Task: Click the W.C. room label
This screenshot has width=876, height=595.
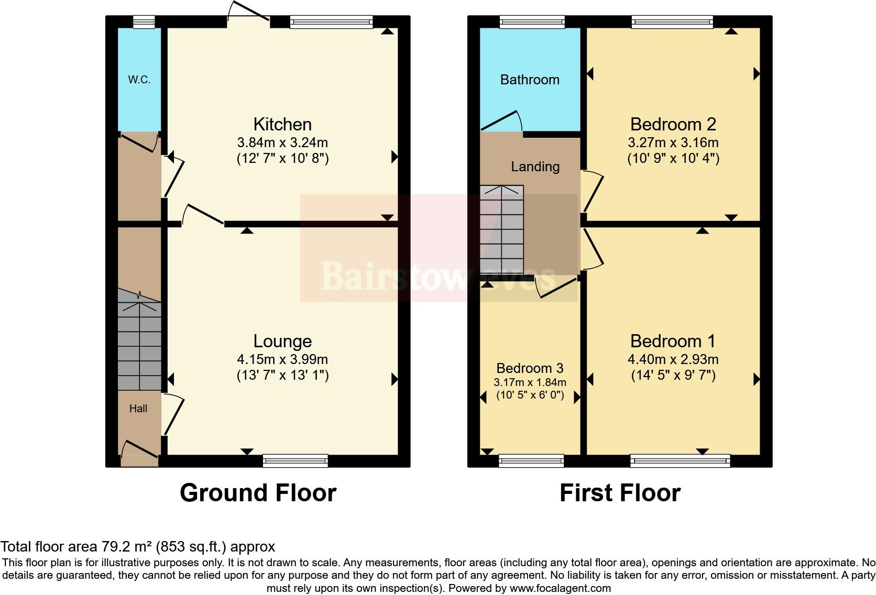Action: pyautogui.click(x=139, y=80)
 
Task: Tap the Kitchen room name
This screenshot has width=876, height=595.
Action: pyautogui.click(x=282, y=124)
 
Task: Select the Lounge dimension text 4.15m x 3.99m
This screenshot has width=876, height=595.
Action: pyautogui.click(x=282, y=359)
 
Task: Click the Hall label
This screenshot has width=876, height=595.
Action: pyautogui.click(x=138, y=409)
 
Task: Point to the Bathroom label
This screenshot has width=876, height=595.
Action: pyautogui.click(x=530, y=80)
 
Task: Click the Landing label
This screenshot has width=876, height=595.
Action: pyautogui.click(x=535, y=167)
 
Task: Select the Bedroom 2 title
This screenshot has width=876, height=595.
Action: pyautogui.click(x=673, y=124)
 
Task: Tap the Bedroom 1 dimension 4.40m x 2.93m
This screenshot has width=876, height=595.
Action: pyautogui.click(x=673, y=359)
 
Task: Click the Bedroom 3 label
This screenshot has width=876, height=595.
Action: pyautogui.click(x=530, y=368)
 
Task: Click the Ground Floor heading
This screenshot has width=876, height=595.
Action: pyautogui.click(x=258, y=493)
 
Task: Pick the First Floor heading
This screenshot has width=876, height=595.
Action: pyautogui.click(x=620, y=493)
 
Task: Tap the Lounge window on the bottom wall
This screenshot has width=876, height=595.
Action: pyautogui.click(x=295, y=461)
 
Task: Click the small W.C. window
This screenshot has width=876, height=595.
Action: pyautogui.click(x=144, y=21)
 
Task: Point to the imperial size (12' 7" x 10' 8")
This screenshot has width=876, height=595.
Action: pyautogui.click(x=282, y=158)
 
